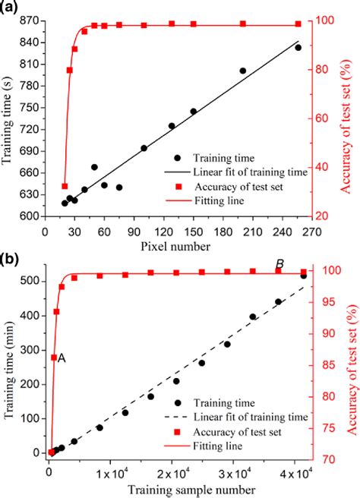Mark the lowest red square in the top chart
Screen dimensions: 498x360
(x=65, y=186)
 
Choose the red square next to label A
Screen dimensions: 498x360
(x=54, y=358)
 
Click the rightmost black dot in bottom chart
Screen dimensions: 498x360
(x=304, y=276)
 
